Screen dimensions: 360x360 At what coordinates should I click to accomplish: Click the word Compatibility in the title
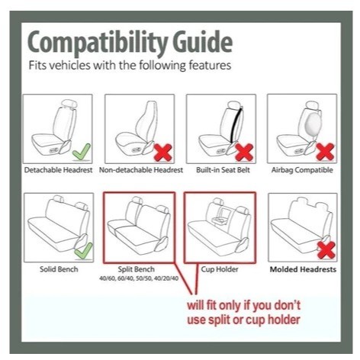[98, 43]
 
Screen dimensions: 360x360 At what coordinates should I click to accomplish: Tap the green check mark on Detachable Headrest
[82, 152]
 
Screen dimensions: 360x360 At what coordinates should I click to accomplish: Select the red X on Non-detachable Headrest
[163, 153]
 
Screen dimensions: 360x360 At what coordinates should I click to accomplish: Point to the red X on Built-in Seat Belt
[244, 153]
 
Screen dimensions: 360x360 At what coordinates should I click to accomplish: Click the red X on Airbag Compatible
[325, 152]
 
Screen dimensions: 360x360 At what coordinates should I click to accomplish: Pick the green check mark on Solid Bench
[83, 251]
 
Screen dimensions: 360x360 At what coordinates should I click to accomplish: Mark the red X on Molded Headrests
[326, 250]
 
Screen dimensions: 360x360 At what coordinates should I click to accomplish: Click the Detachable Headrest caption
[58, 170]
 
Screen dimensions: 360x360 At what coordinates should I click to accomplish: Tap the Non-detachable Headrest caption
[141, 170]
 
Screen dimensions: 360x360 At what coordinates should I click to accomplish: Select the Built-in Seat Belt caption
[223, 170]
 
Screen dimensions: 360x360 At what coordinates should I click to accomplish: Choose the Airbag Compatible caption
[302, 170]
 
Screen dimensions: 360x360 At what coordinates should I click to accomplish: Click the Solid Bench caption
[59, 269]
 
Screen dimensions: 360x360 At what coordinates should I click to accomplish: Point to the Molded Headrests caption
[303, 269]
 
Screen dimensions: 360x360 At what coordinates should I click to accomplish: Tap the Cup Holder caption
[220, 269]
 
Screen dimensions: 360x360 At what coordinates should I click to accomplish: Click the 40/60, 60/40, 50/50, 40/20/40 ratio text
[139, 278]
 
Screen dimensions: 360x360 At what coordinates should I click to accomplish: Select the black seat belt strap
[236, 125]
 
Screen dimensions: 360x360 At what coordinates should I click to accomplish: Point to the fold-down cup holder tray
[220, 220]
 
